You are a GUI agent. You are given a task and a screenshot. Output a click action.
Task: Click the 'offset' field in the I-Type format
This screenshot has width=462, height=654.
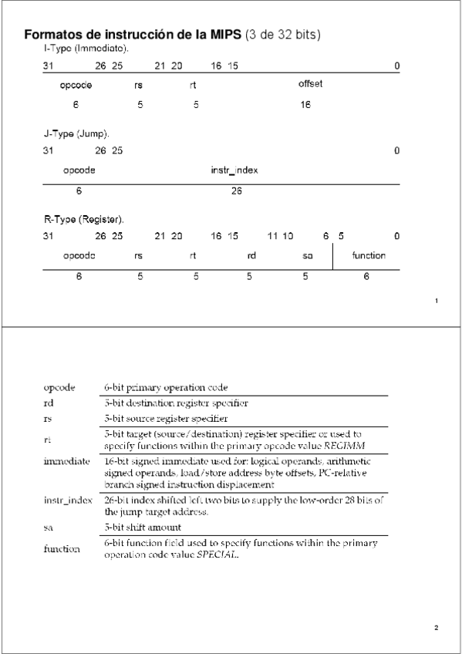coord(310,84)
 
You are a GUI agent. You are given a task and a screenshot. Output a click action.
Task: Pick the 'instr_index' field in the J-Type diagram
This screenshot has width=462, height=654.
coord(234,170)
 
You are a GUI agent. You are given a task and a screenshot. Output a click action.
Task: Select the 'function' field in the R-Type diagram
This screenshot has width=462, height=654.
coord(369,255)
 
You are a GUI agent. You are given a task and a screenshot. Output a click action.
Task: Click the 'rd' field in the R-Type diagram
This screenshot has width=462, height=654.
coord(251,255)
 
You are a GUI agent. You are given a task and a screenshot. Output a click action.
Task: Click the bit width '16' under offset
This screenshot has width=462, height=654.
coord(305,104)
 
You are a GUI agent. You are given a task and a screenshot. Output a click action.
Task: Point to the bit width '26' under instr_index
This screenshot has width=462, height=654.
coord(236,190)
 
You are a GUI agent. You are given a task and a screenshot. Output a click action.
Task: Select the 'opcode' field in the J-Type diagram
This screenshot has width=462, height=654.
coord(79,170)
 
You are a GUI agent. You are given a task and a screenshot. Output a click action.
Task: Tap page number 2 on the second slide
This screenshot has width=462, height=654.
coord(437,627)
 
